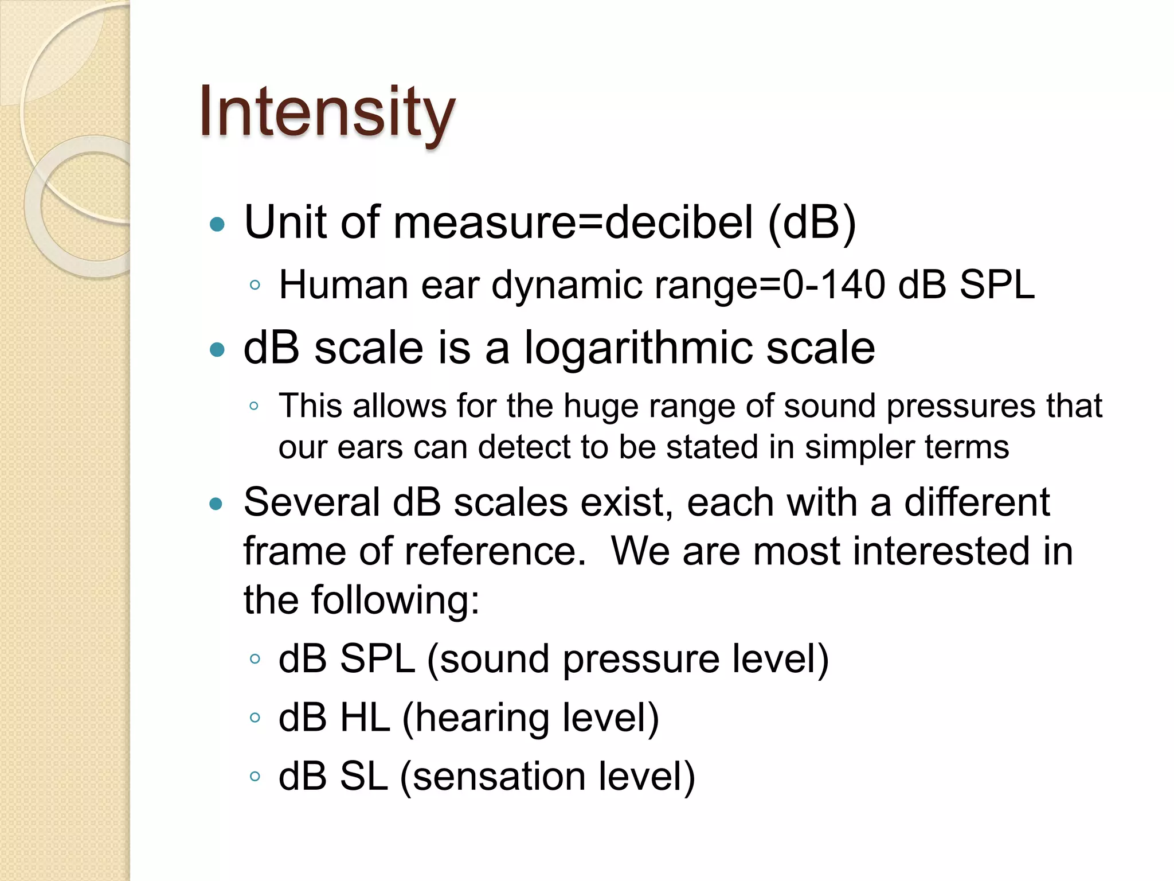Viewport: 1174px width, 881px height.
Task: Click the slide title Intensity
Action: [x=327, y=112]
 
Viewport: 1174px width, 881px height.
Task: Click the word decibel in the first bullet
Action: [x=679, y=223]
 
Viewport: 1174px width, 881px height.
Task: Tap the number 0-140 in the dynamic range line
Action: [x=833, y=285]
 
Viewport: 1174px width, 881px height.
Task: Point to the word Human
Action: [x=343, y=285]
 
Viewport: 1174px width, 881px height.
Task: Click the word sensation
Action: [x=498, y=777]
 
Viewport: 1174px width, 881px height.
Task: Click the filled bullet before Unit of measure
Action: [x=217, y=225]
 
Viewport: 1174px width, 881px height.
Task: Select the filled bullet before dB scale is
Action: [x=217, y=350]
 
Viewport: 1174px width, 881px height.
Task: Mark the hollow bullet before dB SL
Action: [x=255, y=777]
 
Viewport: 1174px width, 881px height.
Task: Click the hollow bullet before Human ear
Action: [x=255, y=285]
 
